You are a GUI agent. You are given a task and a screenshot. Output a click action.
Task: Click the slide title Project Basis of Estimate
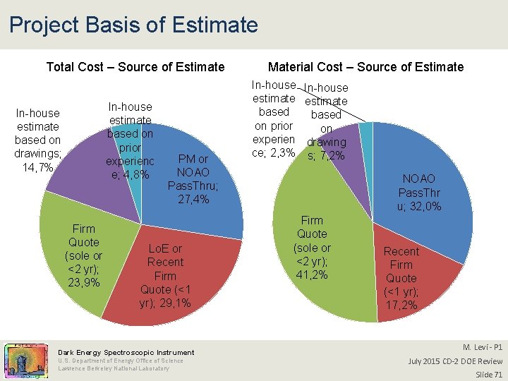point(133,25)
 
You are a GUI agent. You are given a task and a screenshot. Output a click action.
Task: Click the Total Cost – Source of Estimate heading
point(135,67)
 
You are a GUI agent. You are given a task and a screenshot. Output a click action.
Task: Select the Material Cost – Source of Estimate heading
point(365,67)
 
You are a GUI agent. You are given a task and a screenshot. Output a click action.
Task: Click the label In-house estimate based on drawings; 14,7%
point(37,140)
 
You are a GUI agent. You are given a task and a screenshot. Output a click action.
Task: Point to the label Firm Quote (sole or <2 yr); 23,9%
point(83,255)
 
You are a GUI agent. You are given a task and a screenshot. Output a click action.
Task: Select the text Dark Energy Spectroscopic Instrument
point(126,352)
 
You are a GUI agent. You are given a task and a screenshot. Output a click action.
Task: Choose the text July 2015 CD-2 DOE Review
point(456,361)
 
